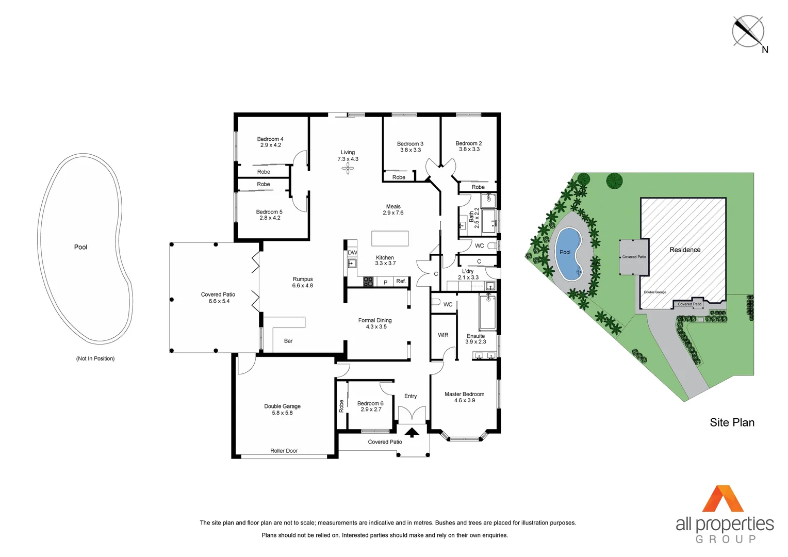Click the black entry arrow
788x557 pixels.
pos(412,432)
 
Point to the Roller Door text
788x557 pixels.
pos(284,451)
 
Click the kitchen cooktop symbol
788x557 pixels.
pos(368,282)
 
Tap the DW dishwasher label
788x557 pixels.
pos(352,253)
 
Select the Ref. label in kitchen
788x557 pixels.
pos(401,281)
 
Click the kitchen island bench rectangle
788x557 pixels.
pos(390,238)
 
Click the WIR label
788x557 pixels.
pos(443,335)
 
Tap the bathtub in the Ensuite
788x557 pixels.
pos(487,312)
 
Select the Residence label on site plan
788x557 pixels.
pos(685,250)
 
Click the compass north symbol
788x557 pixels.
pos(748,31)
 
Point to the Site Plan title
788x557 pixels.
pos(732,422)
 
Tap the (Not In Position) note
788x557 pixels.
pos(95,358)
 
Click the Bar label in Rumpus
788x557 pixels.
pos(288,341)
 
